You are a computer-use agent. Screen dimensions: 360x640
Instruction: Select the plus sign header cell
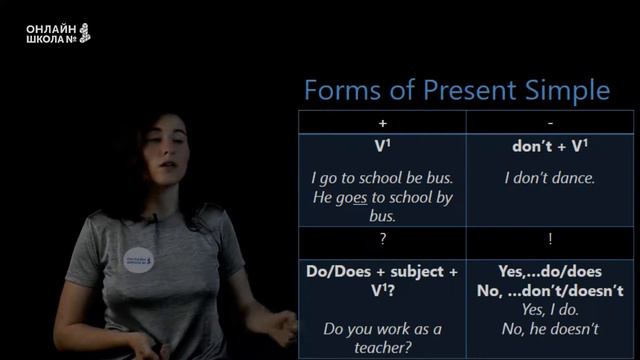click(x=382, y=122)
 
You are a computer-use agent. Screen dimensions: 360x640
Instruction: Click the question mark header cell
click(x=382, y=240)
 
